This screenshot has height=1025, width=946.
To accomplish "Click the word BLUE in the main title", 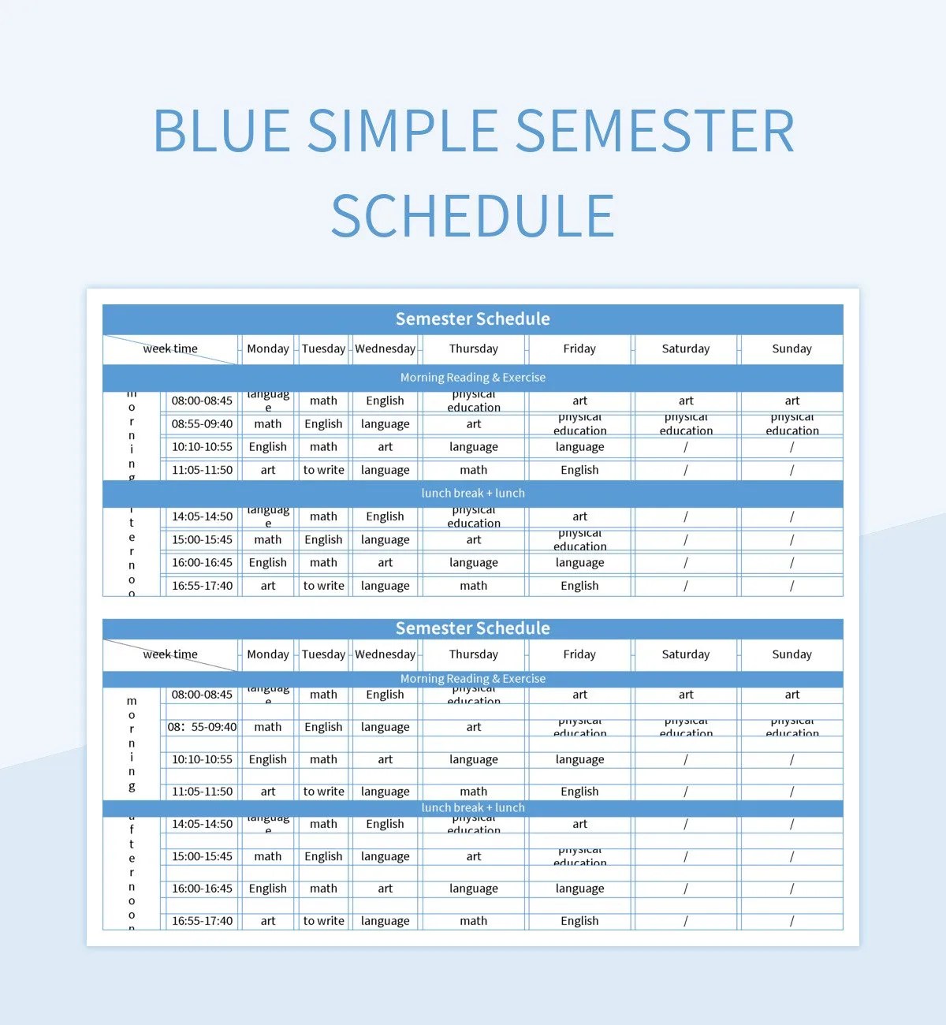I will pyautogui.click(x=222, y=130).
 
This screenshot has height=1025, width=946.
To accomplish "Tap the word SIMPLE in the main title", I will pyautogui.click(x=402, y=130).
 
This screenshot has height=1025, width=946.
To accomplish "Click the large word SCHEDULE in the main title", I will pyautogui.click(x=473, y=216).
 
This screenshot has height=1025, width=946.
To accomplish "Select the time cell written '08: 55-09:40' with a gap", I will pyautogui.click(x=202, y=727).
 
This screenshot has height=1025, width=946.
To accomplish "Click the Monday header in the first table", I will pyautogui.click(x=268, y=348).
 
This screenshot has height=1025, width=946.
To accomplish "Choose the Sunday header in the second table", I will pyautogui.click(x=791, y=654).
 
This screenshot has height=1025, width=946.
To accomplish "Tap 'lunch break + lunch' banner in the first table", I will pyautogui.click(x=473, y=493).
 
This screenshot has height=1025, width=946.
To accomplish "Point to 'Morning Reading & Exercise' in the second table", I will pyautogui.click(x=473, y=679).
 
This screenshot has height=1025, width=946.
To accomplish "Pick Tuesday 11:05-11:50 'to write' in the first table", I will pyautogui.click(x=323, y=470).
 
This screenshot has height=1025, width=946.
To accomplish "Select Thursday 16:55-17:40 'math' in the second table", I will pyautogui.click(x=473, y=921).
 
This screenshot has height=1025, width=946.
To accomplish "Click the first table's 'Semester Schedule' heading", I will pyautogui.click(x=473, y=319).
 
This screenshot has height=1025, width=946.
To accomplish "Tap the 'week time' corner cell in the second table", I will pyautogui.click(x=170, y=654).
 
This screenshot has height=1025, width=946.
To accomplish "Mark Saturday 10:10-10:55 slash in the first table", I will pyautogui.click(x=686, y=447).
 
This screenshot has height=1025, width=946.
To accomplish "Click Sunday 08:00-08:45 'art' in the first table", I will pyautogui.click(x=791, y=401).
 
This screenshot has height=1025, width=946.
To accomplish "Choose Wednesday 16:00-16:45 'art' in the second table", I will pyautogui.click(x=385, y=889).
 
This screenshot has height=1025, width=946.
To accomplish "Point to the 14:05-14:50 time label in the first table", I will pyautogui.click(x=202, y=516).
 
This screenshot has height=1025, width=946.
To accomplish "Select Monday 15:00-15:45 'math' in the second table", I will pyautogui.click(x=268, y=856).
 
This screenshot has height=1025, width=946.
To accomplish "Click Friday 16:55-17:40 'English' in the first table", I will pyautogui.click(x=579, y=586).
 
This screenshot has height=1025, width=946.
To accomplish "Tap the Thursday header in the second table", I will pyautogui.click(x=473, y=654).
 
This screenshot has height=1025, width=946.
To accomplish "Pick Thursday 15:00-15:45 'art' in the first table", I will pyautogui.click(x=473, y=540).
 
